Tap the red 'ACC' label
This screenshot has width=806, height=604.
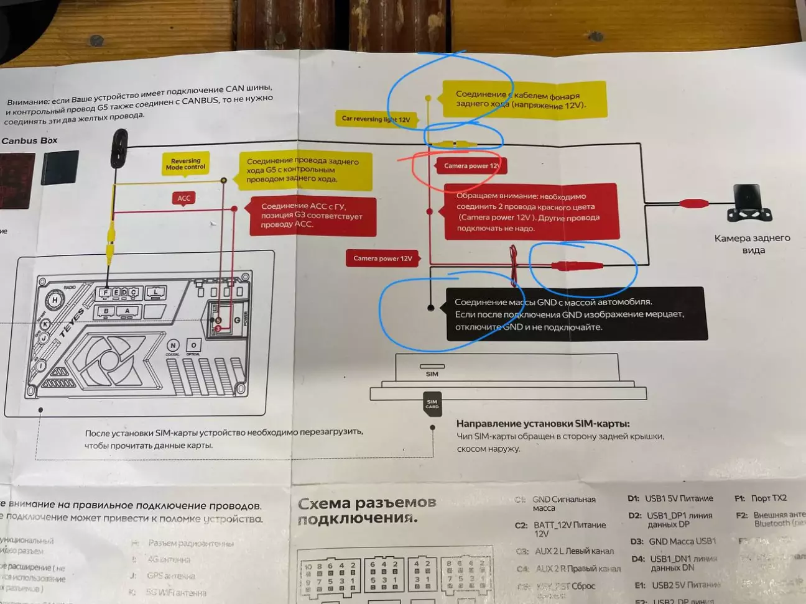[184, 198]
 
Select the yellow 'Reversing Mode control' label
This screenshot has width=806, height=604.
[185, 164]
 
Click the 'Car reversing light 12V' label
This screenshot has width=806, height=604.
[376, 119]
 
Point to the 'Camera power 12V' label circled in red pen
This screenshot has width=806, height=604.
[471, 166]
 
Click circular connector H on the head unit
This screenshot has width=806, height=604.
[55, 300]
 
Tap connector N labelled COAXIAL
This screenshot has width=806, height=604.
[173, 345]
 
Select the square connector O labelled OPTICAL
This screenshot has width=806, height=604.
[193, 345]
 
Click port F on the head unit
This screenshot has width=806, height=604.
[106, 292]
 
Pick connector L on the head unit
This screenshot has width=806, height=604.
[155, 291]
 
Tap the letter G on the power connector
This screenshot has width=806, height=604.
[237, 320]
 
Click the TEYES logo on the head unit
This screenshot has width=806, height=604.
[72, 323]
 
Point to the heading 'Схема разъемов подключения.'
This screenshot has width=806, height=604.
[367, 510]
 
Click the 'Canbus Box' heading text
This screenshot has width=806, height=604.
[29, 140]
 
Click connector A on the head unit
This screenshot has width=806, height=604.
[127, 311]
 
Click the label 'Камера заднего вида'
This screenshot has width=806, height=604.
[753, 244]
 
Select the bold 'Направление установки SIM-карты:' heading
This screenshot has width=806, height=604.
[543, 423]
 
